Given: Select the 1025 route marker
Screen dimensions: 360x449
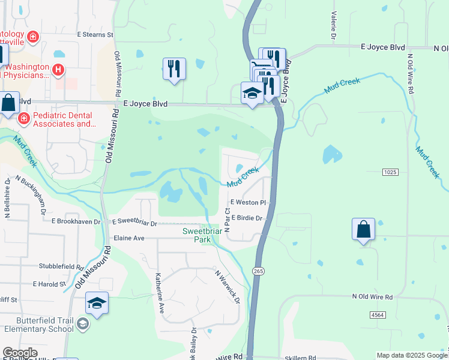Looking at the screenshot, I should [x=390, y=172].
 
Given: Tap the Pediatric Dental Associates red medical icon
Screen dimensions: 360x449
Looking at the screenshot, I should [x=23, y=119].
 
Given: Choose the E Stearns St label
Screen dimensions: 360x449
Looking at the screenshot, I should [x=95, y=35].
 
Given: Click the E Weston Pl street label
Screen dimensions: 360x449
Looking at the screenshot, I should [x=247, y=203].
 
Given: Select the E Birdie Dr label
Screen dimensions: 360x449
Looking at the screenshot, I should [x=247, y=218].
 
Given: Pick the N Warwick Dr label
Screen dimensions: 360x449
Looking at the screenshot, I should [x=228, y=287].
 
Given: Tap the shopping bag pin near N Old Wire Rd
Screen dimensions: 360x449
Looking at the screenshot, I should [x=364, y=230].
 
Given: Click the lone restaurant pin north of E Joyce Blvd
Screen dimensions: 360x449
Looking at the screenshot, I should [x=174, y=69].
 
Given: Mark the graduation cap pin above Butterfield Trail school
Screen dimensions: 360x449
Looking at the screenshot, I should [x=97, y=304].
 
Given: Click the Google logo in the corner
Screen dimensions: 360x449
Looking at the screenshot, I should [x=19, y=353].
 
